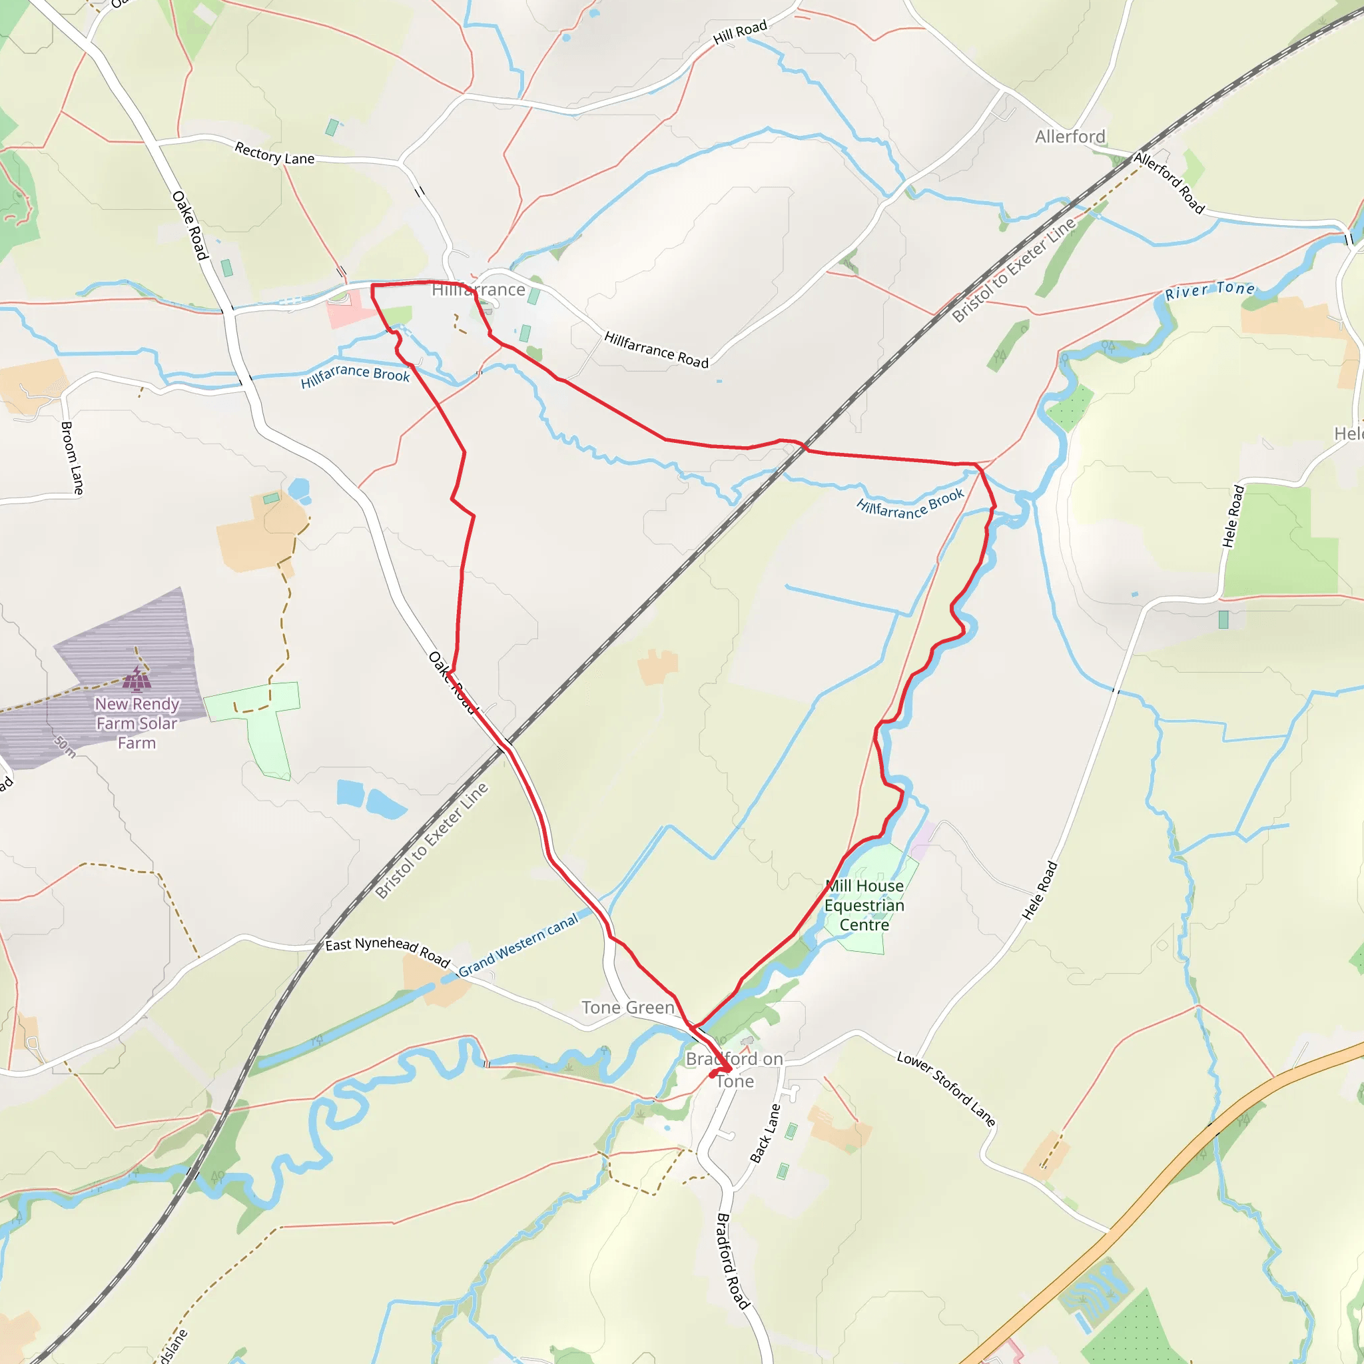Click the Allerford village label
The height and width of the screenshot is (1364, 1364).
(1070, 137)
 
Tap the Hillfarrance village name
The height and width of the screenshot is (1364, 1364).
(478, 290)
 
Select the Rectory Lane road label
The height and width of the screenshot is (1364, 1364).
(274, 153)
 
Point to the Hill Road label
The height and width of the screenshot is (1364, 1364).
(739, 32)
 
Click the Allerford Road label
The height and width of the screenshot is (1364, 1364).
(1168, 182)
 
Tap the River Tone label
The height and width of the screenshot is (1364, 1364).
(1209, 290)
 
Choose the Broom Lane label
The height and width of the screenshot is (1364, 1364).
(72, 458)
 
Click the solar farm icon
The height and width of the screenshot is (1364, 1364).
(137, 679)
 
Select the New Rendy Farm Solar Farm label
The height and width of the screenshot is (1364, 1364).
(137, 723)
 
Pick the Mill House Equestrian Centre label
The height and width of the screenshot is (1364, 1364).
(864, 905)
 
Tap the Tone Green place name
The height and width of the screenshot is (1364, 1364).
(627, 1008)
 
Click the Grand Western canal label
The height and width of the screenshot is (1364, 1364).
(519, 944)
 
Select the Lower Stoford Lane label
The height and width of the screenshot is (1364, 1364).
(946, 1089)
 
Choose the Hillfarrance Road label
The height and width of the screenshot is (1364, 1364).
(656, 350)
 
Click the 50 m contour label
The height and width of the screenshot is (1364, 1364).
(64, 745)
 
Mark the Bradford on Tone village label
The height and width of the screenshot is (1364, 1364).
(734, 1070)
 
